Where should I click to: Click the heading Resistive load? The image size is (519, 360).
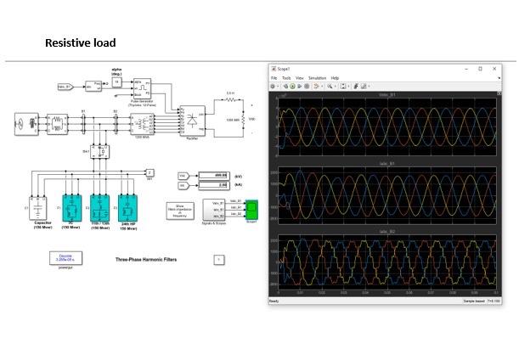pyautogui.click(x=80, y=42)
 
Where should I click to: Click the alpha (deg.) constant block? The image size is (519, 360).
pyautogui.click(x=116, y=82)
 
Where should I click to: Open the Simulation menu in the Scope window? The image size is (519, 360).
pyautogui.click(x=317, y=77)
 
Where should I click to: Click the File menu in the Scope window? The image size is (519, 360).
pyautogui.click(x=274, y=77)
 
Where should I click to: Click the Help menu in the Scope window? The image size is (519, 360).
pyautogui.click(x=335, y=77)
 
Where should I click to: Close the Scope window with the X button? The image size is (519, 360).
pyautogui.click(x=495, y=68)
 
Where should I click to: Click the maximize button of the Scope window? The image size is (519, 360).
pyautogui.click(x=480, y=68)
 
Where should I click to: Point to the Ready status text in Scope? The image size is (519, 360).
pyautogui.click(x=274, y=301)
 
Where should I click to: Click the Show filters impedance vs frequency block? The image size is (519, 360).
pyautogui.click(x=179, y=210)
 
